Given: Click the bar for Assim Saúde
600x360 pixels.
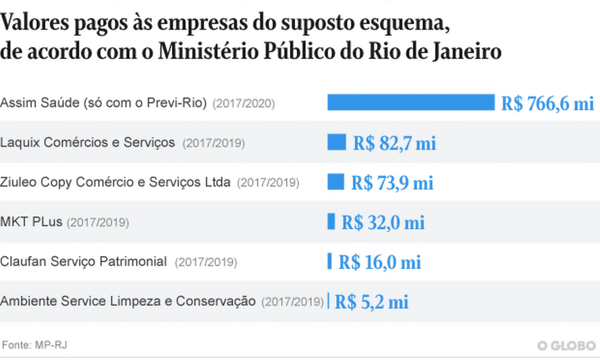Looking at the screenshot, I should click(x=410, y=102).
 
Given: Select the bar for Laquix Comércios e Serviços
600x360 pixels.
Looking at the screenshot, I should click(x=336, y=142).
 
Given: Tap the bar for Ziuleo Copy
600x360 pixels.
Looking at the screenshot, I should click(x=335, y=182).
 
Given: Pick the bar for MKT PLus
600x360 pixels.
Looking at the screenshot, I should click(x=331, y=221).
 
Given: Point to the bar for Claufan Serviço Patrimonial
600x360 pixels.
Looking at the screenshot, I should click(x=330, y=261).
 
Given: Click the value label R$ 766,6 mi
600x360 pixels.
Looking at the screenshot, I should click(x=547, y=103).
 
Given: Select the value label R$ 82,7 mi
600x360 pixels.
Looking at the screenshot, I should click(x=394, y=143).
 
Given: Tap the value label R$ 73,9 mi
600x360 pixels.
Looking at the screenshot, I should click(x=392, y=183).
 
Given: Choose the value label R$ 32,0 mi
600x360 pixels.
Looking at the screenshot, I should click(x=383, y=223).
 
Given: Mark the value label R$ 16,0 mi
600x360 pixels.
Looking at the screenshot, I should click(x=380, y=262).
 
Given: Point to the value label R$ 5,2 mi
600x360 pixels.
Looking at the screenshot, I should click(x=371, y=302).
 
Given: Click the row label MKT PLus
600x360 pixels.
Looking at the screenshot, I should click(x=31, y=222).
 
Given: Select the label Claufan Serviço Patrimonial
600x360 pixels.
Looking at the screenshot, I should click(x=83, y=262).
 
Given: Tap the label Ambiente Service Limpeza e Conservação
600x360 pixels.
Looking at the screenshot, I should click(x=128, y=301).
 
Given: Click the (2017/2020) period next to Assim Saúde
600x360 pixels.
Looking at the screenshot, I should click(x=244, y=103).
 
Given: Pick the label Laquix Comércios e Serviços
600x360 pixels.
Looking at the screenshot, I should click(x=87, y=142).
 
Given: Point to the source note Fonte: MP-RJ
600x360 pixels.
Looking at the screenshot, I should click(x=34, y=345).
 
